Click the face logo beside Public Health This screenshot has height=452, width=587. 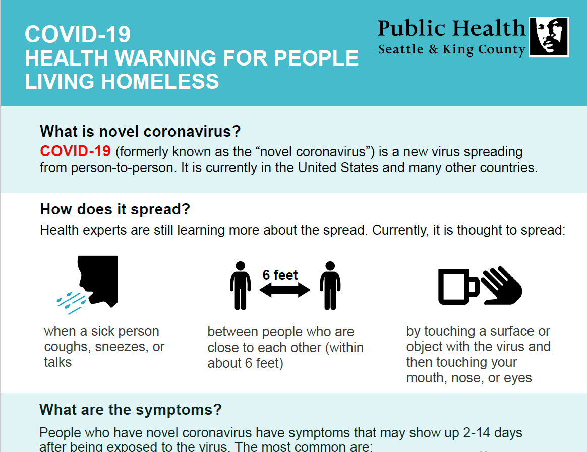click(x=549, y=37)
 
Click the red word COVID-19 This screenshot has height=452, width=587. click(x=75, y=151)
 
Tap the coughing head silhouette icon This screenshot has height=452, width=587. click(x=98, y=281)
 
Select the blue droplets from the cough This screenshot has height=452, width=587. click(x=71, y=303)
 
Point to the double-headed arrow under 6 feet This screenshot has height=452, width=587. click(x=284, y=290)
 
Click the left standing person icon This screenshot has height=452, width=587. click(x=240, y=286)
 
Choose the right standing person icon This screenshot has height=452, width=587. click(x=330, y=286)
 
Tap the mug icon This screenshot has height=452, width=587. click(x=458, y=287)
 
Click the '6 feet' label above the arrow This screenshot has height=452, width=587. click(x=280, y=275)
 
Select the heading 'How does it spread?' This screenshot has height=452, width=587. click(x=115, y=209)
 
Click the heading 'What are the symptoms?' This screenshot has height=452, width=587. click(x=131, y=410)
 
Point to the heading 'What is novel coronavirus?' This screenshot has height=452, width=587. click(x=140, y=132)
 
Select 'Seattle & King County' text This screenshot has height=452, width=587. click(x=452, y=49)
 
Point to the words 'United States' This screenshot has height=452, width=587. click(x=338, y=168)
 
